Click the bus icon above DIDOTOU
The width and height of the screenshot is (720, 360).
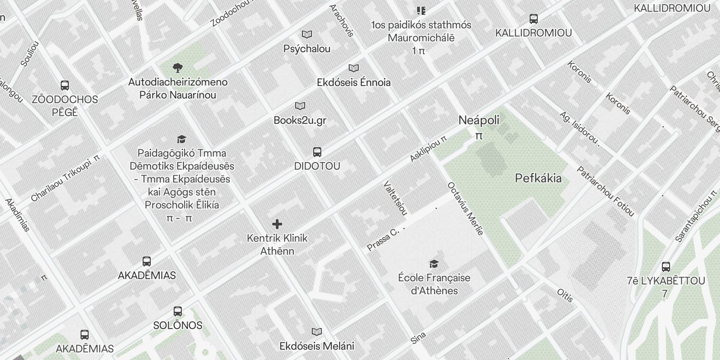pos(317,152)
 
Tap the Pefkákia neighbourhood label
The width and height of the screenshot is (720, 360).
pos(538,178)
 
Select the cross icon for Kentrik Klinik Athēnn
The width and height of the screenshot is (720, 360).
pos(277,224)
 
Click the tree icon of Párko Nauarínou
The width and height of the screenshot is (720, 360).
pos(178,68)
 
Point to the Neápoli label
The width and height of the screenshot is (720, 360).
pos(479,120)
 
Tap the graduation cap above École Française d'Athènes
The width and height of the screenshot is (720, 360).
pos(434,264)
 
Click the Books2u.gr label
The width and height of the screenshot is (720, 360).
pos(300,120)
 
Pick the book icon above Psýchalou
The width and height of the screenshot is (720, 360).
pos(307,35)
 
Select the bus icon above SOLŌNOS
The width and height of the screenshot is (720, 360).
pos(178,311)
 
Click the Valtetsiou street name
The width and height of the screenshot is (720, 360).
pos(396,198)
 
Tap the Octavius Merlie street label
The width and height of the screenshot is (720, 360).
pos(465,208)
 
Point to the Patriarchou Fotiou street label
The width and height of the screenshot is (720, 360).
pos(605,191)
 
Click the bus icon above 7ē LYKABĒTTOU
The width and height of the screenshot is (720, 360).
pos(666,267)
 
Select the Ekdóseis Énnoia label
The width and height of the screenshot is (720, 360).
pos(354,82)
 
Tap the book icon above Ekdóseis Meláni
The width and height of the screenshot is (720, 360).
pos(317,332)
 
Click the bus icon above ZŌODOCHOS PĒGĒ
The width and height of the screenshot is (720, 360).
pos(65,85)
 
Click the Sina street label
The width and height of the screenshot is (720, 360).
pos(418,338)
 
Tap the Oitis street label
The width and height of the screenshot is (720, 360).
pos(565,296)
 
